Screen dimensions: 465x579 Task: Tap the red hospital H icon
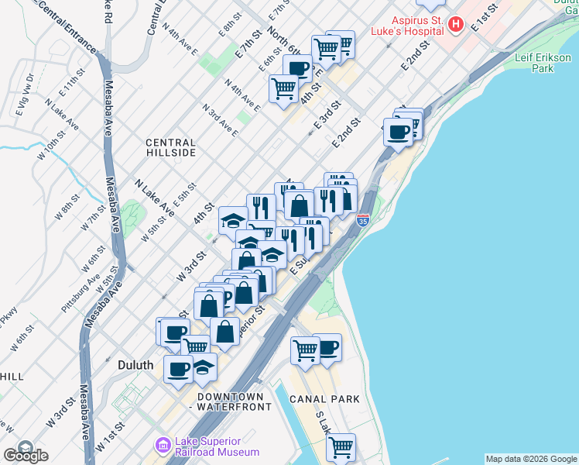456,25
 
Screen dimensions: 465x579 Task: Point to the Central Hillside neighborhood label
171,148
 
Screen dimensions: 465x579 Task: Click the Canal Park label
326,399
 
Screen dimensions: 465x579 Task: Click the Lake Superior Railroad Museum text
217,447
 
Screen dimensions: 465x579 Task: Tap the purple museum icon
163,446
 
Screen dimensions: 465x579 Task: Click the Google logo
26,454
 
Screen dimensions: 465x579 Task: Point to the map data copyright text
531,459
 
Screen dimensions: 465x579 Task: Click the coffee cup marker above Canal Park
327,346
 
